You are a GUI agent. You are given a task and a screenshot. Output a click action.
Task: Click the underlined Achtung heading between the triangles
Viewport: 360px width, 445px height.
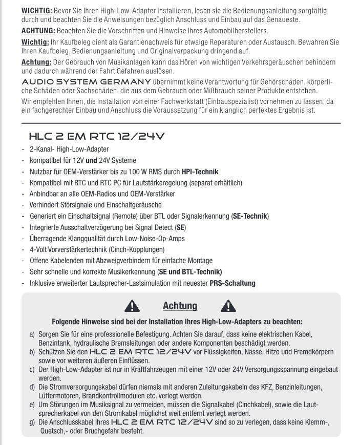pyautogui.click(x=180, y=306)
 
